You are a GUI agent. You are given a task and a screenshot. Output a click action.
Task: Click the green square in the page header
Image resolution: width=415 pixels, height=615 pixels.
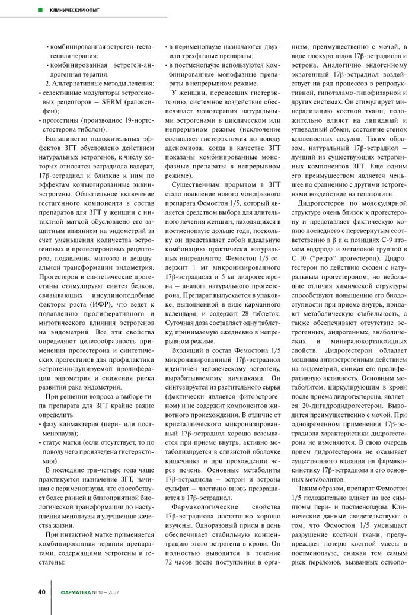39,10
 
